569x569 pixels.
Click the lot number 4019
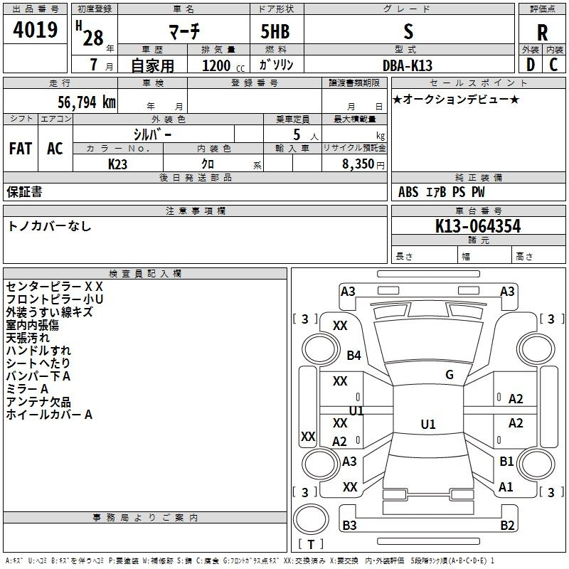(x=35, y=30)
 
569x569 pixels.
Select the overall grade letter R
(x=542, y=33)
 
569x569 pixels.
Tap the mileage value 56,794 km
(x=87, y=102)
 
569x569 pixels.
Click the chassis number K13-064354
(x=478, y=226)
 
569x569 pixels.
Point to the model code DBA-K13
(x=408, y=65)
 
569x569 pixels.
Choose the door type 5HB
(x=275, y=31)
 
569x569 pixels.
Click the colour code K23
(x=117, y=164)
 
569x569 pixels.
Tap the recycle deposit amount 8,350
(x=358, y=164)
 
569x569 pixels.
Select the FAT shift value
(x=21, y=149)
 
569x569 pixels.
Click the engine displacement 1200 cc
(x=223, y=65)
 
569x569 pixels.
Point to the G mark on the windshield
(x=450, y=375)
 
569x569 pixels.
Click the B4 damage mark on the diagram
(x=353, y=355)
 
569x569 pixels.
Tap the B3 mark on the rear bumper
(x=349, y=525)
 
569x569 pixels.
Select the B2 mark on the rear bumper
(x=507, y=525)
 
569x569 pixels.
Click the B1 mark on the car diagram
(x=506, y=461)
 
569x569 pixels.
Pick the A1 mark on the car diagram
(x=506, y=486)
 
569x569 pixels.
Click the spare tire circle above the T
(x=311, y=519)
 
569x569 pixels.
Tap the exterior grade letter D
(x=531, y=65)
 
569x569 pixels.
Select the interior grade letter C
(x=554, y=65)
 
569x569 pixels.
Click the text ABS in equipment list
(x=408, y=192)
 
